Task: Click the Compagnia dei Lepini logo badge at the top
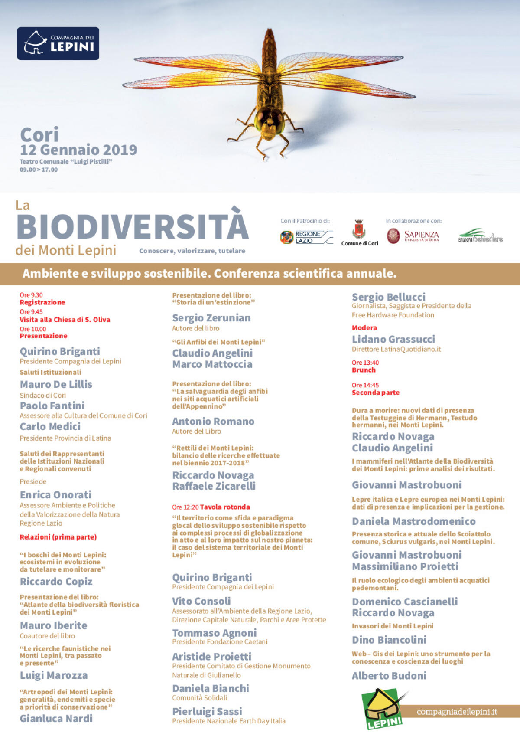(x=58, y=43)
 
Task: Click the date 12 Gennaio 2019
(x=78, y=150)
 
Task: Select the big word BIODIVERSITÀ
(x=133, y=226)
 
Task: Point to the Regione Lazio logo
(x=306, y=237)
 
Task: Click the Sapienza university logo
(x=413, y=236)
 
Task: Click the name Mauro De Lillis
(x=56, y=385)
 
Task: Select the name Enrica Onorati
(x=55, y=495)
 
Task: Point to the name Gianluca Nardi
(x=56, y=719)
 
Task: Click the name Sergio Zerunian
(x=211, y=318)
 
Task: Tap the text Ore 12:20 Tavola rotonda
(x=211, y=507)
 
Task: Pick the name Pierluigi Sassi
(x=207, y=711)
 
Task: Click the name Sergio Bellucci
(x=389, y=297)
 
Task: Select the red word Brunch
(x=364, y=370)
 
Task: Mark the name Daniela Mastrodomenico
(x=414, y=521)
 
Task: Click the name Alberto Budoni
(x=389, y=676)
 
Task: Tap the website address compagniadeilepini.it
(x=457, y=712)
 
